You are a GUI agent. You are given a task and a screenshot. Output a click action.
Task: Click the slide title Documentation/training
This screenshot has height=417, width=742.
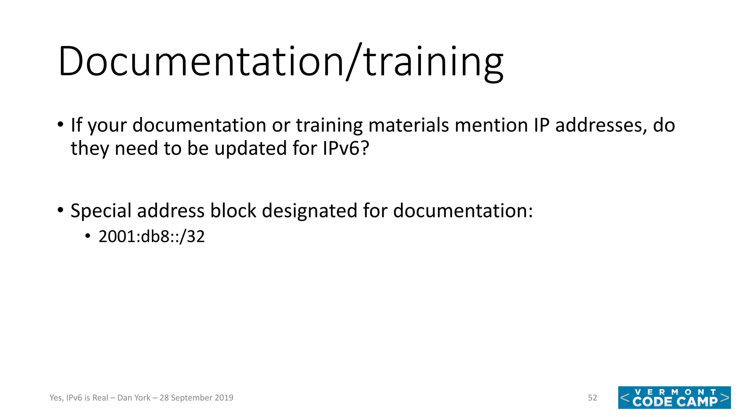280,62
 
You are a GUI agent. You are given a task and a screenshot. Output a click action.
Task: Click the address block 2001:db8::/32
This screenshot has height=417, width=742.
151,237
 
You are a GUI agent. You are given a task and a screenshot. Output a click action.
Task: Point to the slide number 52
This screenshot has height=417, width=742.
592,398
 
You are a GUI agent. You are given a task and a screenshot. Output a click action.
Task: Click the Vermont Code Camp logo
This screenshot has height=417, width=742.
674,397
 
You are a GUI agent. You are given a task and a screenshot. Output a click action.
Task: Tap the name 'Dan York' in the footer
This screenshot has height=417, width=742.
134,398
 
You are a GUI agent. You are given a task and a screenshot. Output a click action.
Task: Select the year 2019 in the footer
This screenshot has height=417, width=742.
224,398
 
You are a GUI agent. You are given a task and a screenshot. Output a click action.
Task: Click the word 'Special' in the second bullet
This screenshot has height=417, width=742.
101,211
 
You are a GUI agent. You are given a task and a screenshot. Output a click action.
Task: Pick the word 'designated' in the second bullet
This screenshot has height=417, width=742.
309,211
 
